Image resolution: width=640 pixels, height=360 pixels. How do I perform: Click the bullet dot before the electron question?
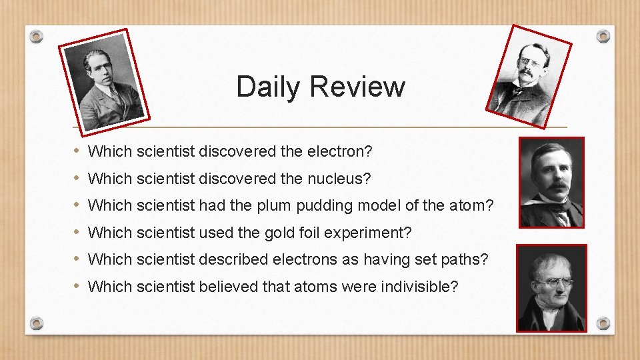coord(77,151)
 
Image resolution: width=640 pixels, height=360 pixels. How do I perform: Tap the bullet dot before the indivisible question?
coord(77,286)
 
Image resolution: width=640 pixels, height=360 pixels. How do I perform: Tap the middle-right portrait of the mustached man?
coord(551,183)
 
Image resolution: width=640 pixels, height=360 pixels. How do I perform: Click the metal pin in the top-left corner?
coord(37,37)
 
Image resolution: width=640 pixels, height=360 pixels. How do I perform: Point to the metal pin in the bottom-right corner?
coord(603,323)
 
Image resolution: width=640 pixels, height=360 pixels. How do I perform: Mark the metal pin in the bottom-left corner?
coord(37,323)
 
